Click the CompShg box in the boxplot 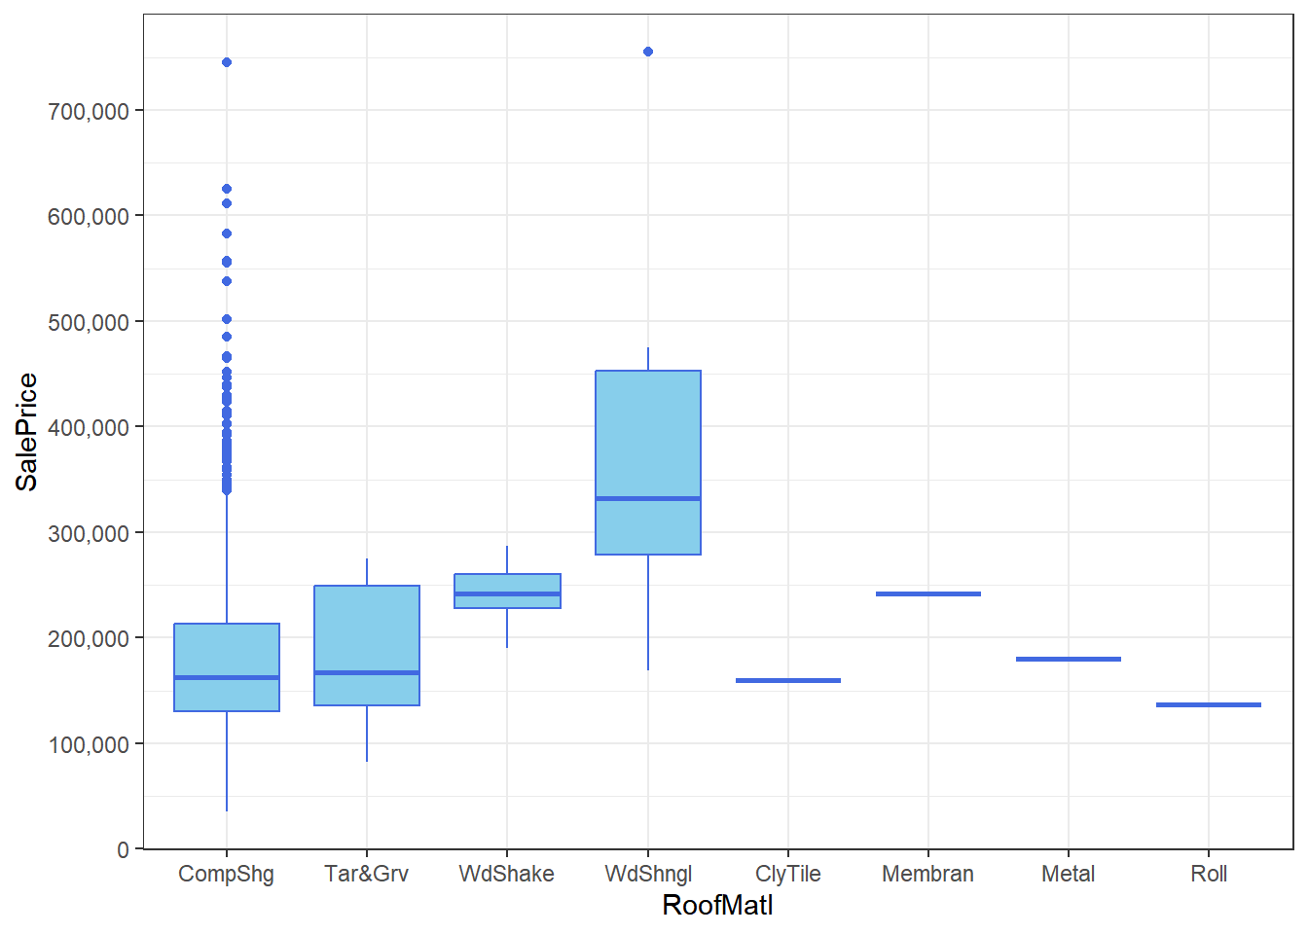click(x=227, y=666)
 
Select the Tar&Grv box click(x=367, y=645)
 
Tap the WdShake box click(x=507, y=591)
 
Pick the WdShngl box click(x=648, y=462)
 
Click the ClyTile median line click(x=788, y=680)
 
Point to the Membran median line click(x=928, y=593)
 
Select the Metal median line click(x=1069, y=659)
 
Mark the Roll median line click(x=1209, y=704)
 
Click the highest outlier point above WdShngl click(x=648, y=52)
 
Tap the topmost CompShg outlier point click(x=227, y=62)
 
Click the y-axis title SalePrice click(x=26, y=432)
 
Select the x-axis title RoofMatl click(x=717, y=905)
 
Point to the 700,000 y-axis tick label click(x=89, y=111)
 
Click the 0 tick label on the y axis click(x=123, y=849)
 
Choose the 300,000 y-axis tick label click(x=89, y=533)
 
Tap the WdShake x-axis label click(x=507, y=874)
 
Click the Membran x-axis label click(x=928, y=874)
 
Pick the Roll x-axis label click(x=1209, y=874)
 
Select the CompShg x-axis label click(x=227, y=874)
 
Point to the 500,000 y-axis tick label click(x=89, y=322)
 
